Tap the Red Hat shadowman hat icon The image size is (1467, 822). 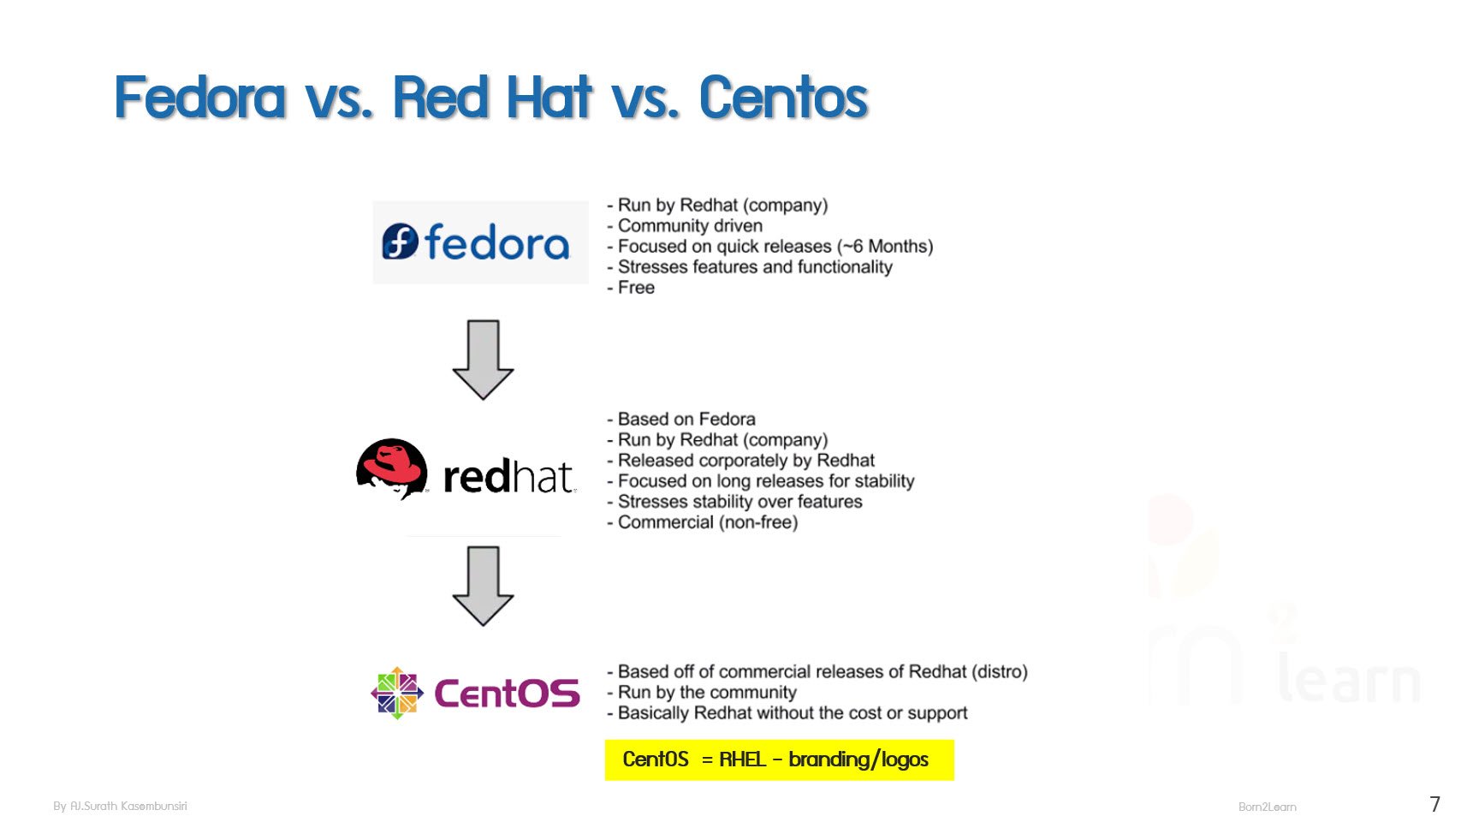392,468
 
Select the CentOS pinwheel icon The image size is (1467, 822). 396,693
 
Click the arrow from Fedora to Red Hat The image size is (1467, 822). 483,360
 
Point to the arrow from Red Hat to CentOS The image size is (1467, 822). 483,586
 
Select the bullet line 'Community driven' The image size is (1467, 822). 689,226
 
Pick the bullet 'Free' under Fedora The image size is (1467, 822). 635,288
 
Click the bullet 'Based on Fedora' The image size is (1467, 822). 686,420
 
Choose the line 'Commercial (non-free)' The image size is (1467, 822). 707,522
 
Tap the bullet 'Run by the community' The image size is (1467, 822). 706,693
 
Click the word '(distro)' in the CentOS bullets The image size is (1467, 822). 999,672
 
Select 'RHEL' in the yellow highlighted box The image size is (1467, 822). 742,759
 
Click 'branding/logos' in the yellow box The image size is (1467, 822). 858,759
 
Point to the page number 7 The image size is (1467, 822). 1434,804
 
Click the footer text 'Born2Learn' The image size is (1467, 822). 1267,807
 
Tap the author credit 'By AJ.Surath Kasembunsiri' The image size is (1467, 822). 120,806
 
